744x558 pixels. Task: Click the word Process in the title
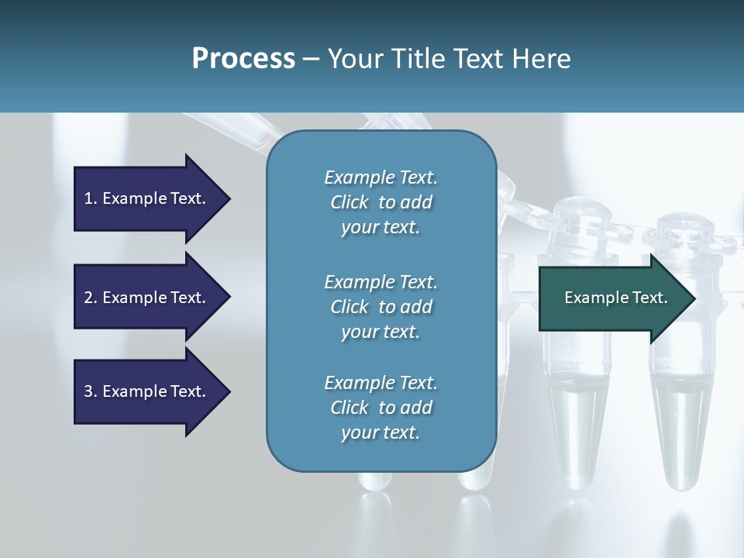pos(243,58)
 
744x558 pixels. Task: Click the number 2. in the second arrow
pos(91,298)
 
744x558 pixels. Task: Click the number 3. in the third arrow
pos(91,391)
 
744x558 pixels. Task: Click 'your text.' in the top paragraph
pos(381,228)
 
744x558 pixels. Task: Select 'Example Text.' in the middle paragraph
pos(381,281)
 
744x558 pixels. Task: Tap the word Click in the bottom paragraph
pos(349,408)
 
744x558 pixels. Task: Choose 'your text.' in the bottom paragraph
pos(381,432)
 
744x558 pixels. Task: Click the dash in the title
pos(312,58)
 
